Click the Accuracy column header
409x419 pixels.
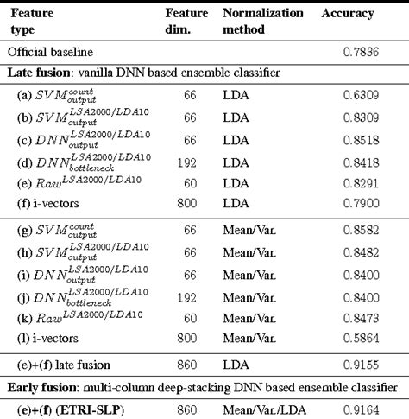(x=349, y=15)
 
